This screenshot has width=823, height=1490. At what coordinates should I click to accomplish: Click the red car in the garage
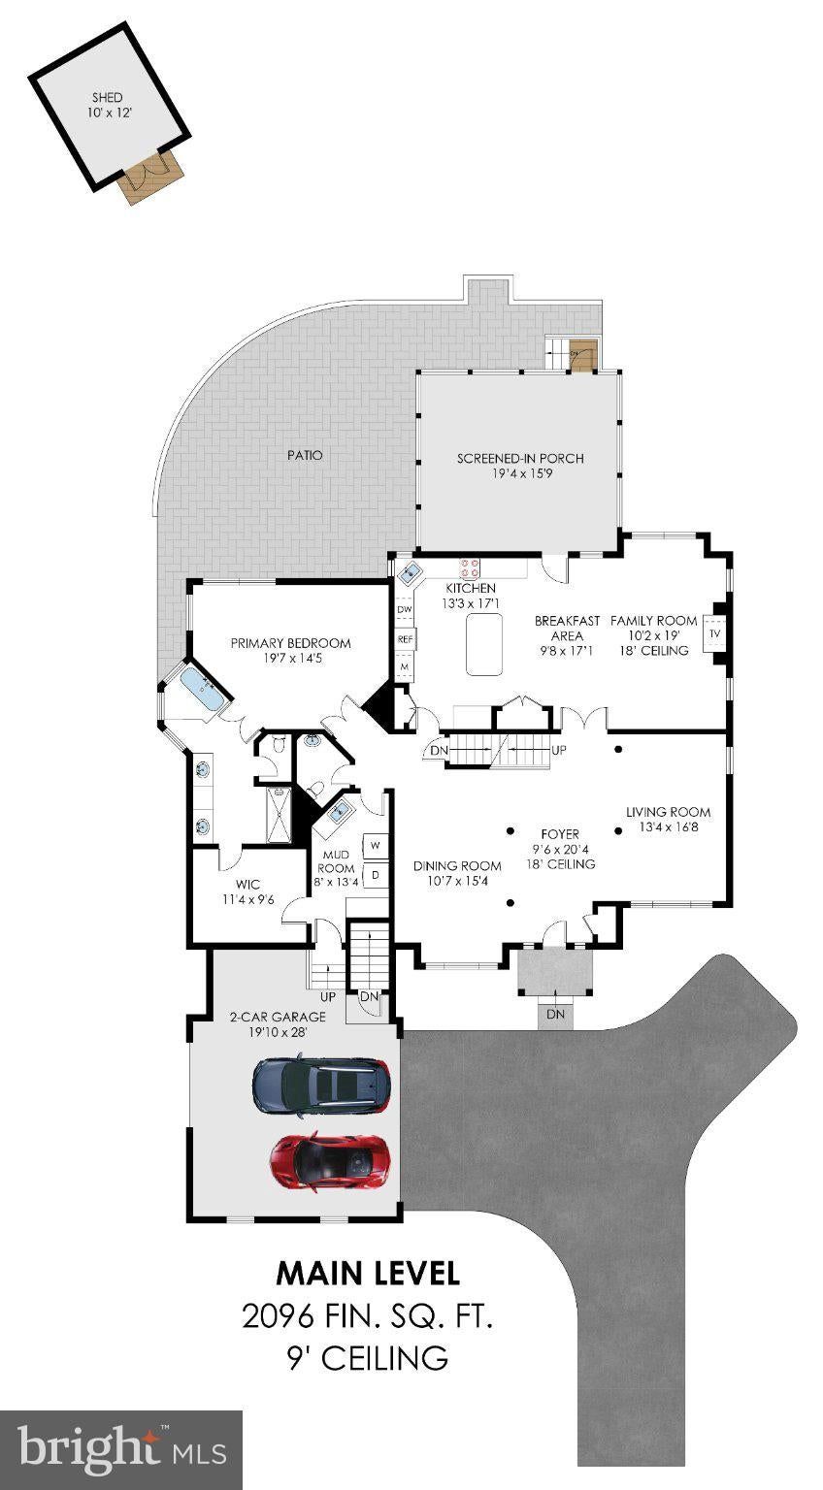click(x=328, y=1161)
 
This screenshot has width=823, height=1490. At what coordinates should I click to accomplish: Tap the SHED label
click(x=107, y=97)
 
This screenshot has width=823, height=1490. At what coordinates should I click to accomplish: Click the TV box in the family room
click(x=715, y=633)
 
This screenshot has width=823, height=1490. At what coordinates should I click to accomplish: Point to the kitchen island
click(x=483, y=644)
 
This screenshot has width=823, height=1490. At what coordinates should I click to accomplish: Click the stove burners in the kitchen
click(x=470, y=567)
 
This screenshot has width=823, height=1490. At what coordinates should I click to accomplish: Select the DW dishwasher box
click(x=405, y=608)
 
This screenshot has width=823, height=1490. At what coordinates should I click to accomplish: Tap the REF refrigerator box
click(x=405, y=639)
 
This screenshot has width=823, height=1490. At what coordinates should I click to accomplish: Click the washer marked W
click(x=376, y=846)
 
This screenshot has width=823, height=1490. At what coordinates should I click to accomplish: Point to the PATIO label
click(x=305, y=455)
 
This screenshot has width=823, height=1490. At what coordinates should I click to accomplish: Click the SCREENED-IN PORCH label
click(x=520, y=458)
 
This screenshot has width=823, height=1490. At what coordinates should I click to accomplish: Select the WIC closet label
click(x=247, y=884)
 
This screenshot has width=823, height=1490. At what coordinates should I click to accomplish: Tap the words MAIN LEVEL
click(x=368, y=1273)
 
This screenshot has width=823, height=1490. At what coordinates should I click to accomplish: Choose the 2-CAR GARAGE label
click(x=278, y=1017)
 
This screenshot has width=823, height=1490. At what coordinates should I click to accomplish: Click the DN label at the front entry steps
click(x=555, y=1014)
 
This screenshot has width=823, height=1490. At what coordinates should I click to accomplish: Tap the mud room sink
click(x=339, y=811)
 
